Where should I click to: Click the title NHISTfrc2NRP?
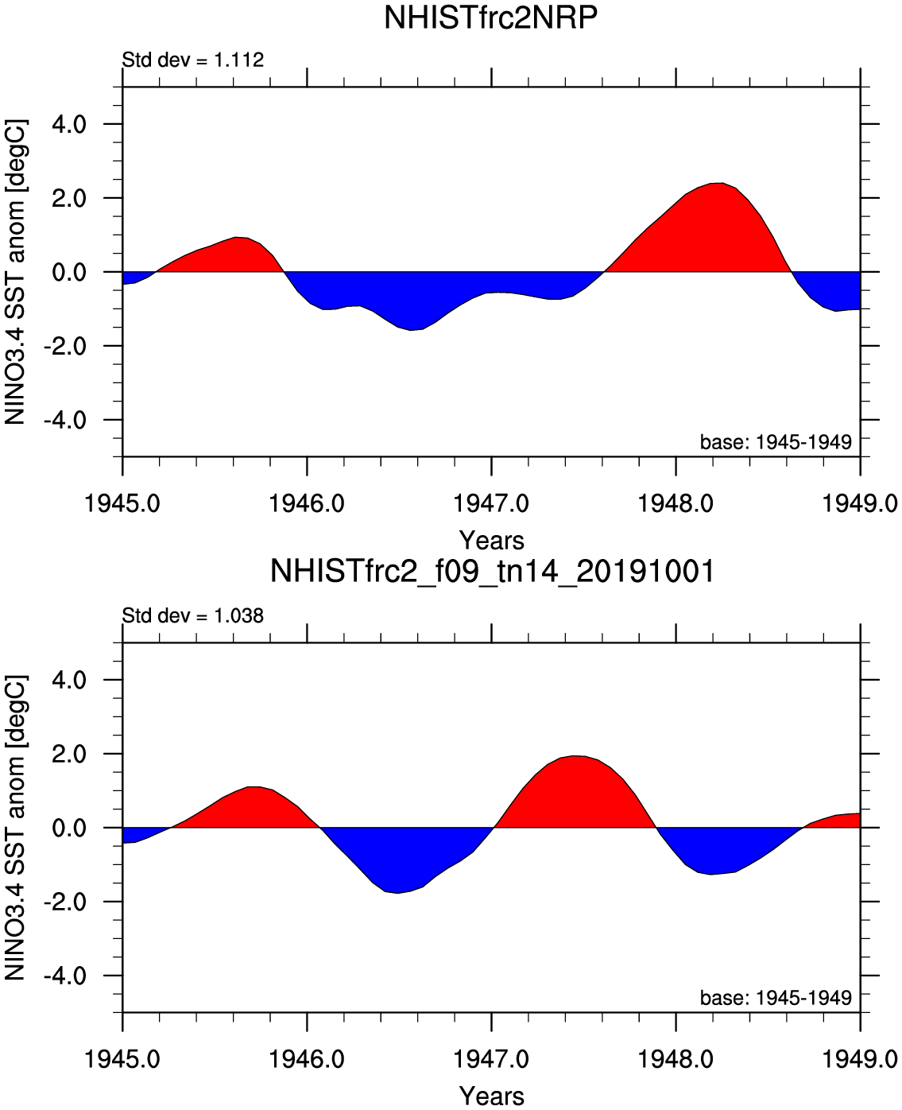coord(490,17)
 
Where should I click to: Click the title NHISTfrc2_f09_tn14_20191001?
coord(492,571)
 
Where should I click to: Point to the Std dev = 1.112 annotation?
coord(192,60)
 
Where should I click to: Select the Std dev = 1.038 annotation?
coord(192,615)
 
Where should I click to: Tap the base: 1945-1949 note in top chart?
coord(776,441)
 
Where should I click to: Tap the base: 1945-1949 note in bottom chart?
coord(776,997)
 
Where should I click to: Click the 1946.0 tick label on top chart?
coord(307,503)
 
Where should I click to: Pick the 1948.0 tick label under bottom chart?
coord(676,1059)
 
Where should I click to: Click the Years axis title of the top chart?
coord(492,541)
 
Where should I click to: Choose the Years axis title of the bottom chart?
coord(492,1096)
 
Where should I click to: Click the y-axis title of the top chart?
coord(16,272)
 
